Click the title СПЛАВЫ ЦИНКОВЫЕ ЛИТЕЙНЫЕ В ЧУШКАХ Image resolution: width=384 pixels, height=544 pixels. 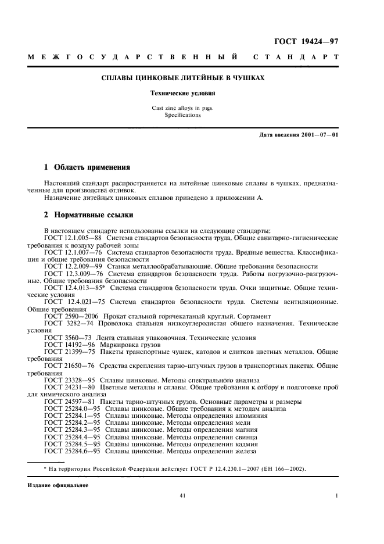(x=183, y=78)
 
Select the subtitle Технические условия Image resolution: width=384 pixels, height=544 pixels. (x=183, y=94)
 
